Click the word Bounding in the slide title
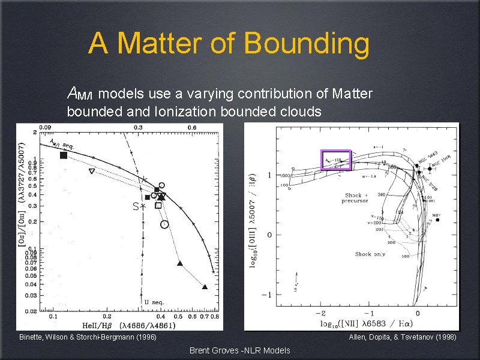(307, 44)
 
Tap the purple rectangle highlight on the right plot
(335, 160)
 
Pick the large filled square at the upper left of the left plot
(64, 155)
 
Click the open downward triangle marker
(91, 172)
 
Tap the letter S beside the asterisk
(136, 206)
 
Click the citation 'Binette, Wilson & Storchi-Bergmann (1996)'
(88, 337)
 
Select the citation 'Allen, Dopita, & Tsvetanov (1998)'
(403, 337)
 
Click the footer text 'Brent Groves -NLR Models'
(239, 350)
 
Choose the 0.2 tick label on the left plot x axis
(107, 316)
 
